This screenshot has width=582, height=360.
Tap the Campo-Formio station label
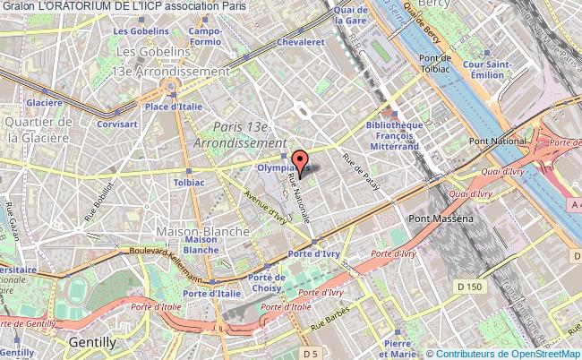tap(205, 37)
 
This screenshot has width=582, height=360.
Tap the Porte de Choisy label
tap(267, 284)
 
